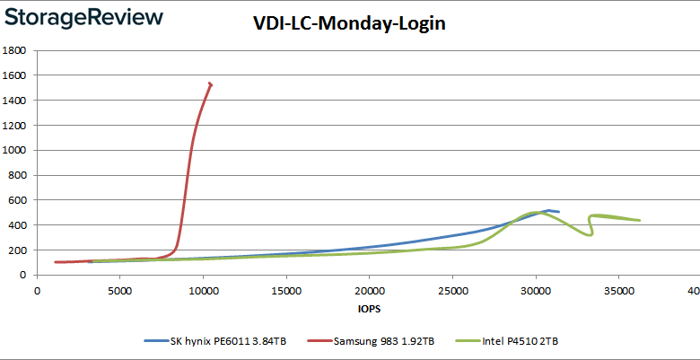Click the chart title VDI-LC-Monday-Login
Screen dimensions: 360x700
click(349, 24)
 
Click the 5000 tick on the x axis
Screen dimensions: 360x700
click(120, 290)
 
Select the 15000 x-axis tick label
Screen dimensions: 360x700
click(286, 290)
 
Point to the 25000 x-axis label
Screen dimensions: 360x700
click(452, 290)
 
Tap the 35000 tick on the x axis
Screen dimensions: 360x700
click(618, 290)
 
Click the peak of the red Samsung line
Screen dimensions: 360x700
click(210, 83)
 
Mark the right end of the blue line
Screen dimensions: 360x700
click(558, 212)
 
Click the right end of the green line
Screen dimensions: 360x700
click(639, 220)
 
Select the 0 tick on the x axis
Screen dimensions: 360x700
click(38, 290)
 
